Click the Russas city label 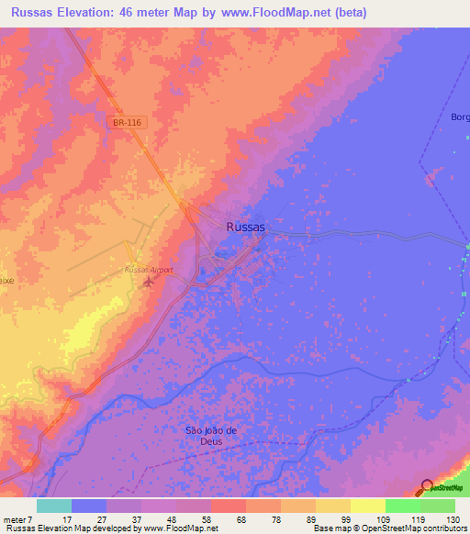pyautogui.click(x=245, y=227)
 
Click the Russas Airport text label pyautogui.click(x=149, y=270)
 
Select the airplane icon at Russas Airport pyautogui.click(x=150, y=281)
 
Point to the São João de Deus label pyautogui.click(x=211, y=435)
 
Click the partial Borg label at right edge pyautogui.click(x=459, y=117)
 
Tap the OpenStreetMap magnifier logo pyautogui.click(x=428, y=488)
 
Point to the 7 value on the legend pyautogui.click(x=28, y=518)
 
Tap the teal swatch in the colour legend pyautogui.click(x=54, y=506)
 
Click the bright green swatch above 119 pyautogui.click(x=402, y=506)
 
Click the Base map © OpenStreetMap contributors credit pyautogui.click(x=389, y=528)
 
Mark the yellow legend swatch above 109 pyautogui.click(x=367, y=506)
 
